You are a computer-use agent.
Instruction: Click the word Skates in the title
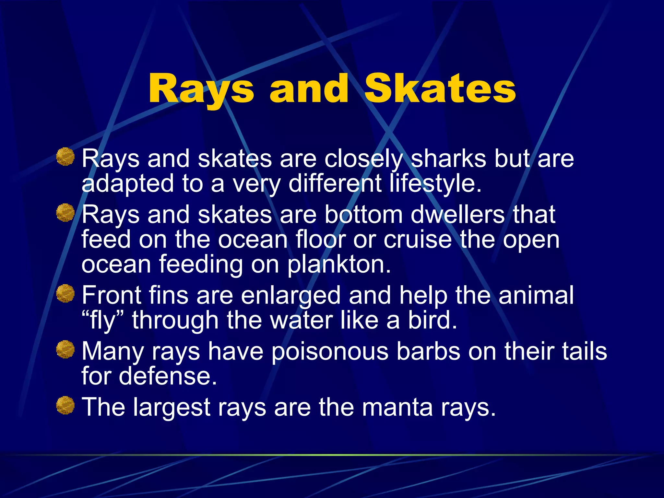coord(440,89)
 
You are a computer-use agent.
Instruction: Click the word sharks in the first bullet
coord(448,159)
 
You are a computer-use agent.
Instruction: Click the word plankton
coord(339,264)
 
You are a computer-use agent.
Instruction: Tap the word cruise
coord(418,240)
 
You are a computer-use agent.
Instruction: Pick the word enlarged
coord(290,295)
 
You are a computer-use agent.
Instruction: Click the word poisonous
coord(330,351)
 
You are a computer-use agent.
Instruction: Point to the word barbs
coord(428,351)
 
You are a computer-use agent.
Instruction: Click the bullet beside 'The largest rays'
coord(65,405)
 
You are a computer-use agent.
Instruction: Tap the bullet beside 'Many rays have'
coord(65,350)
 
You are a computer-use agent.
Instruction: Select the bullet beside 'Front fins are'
coord(65,293)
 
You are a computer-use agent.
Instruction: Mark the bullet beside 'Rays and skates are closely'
coord(65,157)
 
